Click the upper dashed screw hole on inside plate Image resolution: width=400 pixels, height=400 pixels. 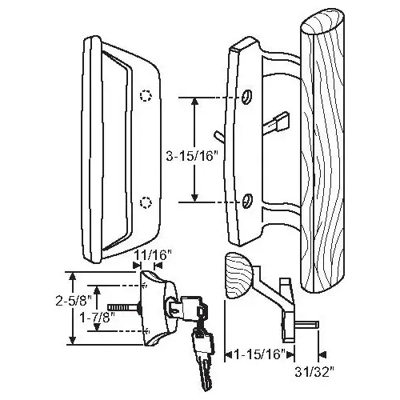[145, 97]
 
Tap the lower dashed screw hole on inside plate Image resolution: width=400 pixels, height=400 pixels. [145, 201]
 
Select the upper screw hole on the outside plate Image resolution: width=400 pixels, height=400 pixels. [246, 97]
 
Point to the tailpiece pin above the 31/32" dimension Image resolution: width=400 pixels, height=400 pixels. [309, 323]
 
